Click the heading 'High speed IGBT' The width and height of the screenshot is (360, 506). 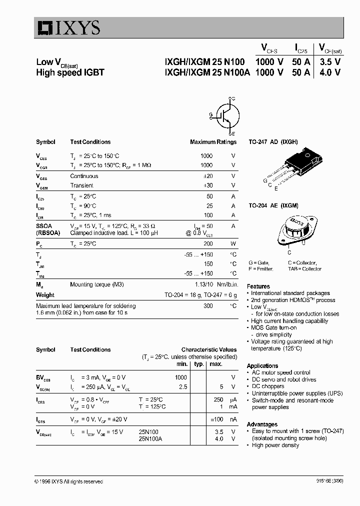[x=70, y=72]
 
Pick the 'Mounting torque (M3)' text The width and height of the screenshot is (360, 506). [x=96, y=284]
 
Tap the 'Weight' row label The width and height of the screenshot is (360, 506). [x=45, y=295]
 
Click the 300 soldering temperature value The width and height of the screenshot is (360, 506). [x=207, y=305]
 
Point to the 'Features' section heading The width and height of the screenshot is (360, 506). [x=258, y=286]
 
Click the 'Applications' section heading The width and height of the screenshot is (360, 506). [x=262, y=365]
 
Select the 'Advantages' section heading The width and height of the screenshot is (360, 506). [x=262, y=424]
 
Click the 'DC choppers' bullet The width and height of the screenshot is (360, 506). [x=270, y=386]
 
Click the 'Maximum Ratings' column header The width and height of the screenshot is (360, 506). [x=213, y=142]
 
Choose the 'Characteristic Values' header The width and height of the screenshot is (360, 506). [x=209, y=350]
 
